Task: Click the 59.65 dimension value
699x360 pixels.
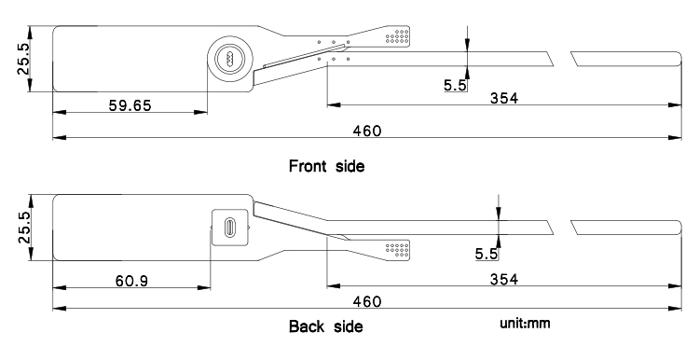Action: (x=130, y=105)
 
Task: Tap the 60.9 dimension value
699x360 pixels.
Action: (x=132, y=281)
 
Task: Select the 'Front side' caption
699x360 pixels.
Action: (x=327, y=166)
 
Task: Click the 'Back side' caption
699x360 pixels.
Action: (x=326, y=326)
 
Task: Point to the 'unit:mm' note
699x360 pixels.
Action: (x=525, y=324)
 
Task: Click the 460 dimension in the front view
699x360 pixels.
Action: (x=367, y=131)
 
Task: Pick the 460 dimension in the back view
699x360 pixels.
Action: (x=367, y=302)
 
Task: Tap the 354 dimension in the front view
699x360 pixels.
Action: (x=504, y=98)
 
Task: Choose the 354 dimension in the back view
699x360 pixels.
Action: (x=504, y=279)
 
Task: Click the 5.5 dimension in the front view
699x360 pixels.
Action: (x=455, y=85)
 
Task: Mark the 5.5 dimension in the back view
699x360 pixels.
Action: (x=486, y=254)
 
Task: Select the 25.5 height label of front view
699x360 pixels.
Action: (x=23, y=59)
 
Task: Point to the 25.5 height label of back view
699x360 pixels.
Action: (x=23, y=227)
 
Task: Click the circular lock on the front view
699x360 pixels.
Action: (x=230, y=59)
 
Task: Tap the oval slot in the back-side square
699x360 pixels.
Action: (x=230, y=227)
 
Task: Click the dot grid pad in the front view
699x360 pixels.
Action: (x=398, y=36)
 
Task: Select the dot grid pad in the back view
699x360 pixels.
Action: (x=398, y=249)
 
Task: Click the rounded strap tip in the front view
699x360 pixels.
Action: (x=678, y=59)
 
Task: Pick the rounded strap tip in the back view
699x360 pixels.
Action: (x=678, y=228)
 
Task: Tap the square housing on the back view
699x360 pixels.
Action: (x=230, y=227)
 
